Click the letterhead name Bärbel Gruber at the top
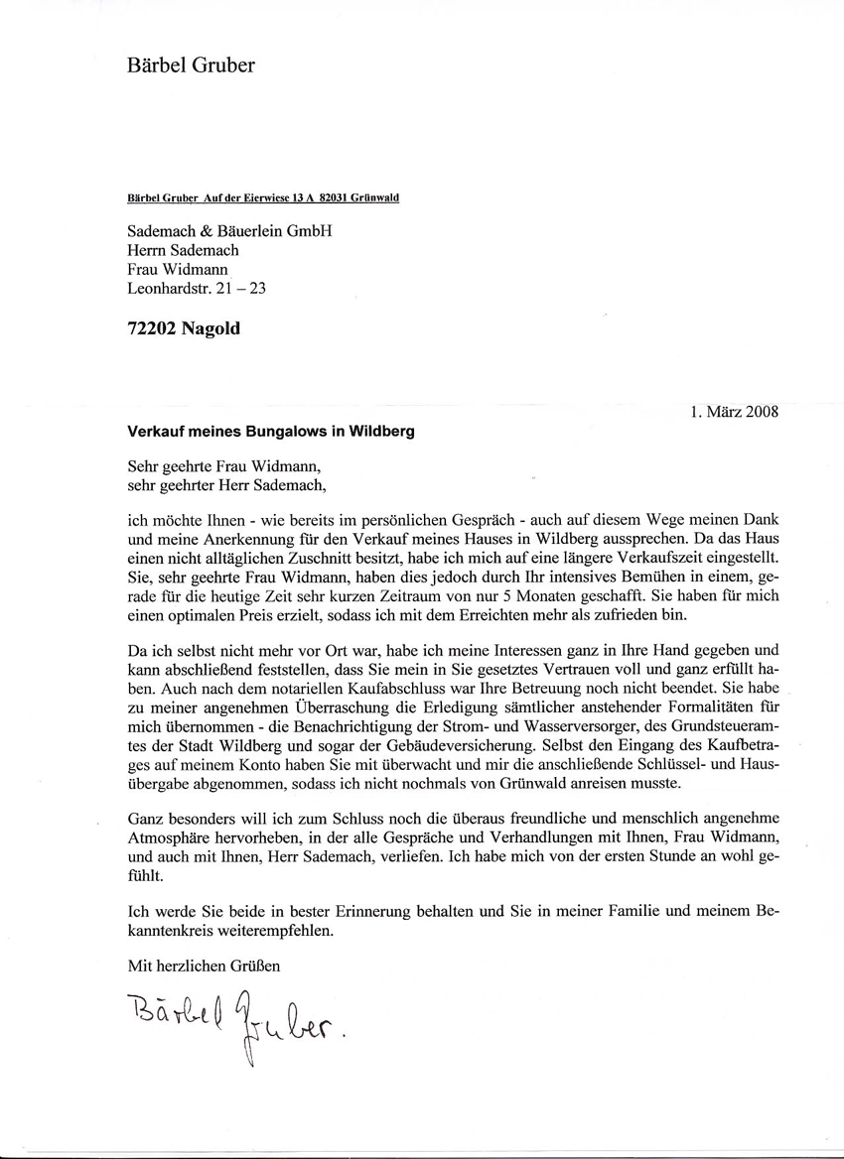[x=192, y=66]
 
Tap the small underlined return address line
[x=263, y=198]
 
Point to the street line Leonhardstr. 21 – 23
[x=198, y=290]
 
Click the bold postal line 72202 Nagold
[x=184, y=329]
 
